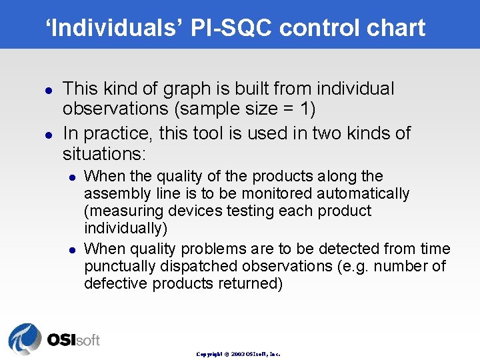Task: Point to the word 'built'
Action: pos(252,89)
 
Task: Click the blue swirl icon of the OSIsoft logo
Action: pos(24,339)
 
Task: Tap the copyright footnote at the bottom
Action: pos(239,354)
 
